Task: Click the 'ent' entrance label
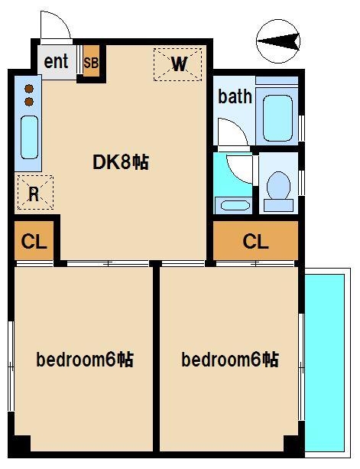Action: coord(56,62)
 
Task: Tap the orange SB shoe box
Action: coord(91,63)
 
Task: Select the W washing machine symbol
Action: coord(179,64)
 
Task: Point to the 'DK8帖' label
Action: coord(120,162)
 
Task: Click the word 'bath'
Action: coord(234,96)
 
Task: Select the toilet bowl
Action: coord(279,187)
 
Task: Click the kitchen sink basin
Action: coord(29,137)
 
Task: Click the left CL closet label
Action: coord(34,243)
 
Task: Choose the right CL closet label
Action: coord(255,243)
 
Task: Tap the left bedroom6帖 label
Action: coord(85,360)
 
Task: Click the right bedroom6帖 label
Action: coord(229,360)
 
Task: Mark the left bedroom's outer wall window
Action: coord(11,360)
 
